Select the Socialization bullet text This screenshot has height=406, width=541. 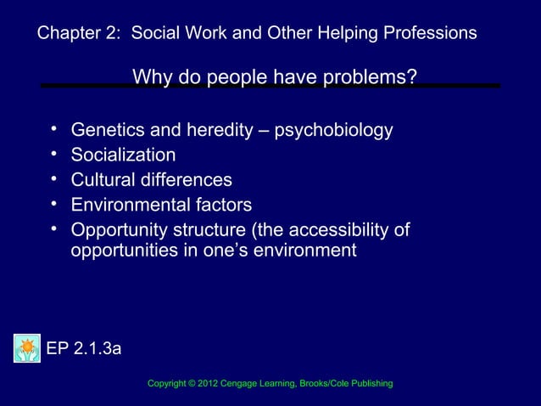tap(124, 155)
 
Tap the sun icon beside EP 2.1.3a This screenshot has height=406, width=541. tap(27, 348)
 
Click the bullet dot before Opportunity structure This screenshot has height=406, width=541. tap(53, 228)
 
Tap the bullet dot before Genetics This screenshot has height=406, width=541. tap(53, 129)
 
